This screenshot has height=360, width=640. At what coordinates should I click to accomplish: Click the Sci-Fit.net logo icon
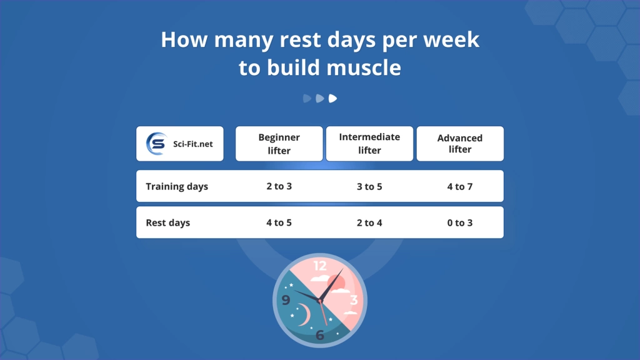(x=156, y=144)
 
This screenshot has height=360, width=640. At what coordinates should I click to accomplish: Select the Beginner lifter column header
(x=279, y=144)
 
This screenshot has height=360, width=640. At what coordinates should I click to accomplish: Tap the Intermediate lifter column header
(x=369, y=144)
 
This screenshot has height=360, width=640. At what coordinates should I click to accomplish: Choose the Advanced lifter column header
(x=460, y=144)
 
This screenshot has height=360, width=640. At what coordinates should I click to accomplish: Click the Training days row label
(x=177, y=186)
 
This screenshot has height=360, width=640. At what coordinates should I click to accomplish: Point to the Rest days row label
(x=168, y=222)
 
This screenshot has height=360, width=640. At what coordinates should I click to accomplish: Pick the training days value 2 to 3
(x=279, y=186)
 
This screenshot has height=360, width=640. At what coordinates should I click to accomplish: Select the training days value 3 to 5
(x=369, y=186)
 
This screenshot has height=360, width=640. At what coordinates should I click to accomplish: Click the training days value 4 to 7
(x=460, y=186)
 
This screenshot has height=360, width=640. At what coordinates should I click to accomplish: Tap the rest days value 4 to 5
(x=279, y=222)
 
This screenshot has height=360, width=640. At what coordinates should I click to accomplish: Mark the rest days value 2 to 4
(x=369, y=222)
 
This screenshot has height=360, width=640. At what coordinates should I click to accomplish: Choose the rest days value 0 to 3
(x=460, y=222)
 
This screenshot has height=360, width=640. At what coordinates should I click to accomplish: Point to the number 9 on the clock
(x=286, y=301)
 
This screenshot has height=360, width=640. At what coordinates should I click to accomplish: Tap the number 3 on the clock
(x=354, y=301)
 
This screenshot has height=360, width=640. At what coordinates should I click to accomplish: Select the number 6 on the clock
(x=320, y=335)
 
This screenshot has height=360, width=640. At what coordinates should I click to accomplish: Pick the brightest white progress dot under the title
(x=333, y=98)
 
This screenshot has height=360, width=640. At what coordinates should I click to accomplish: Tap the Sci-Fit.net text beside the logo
(x=192, y=144)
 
